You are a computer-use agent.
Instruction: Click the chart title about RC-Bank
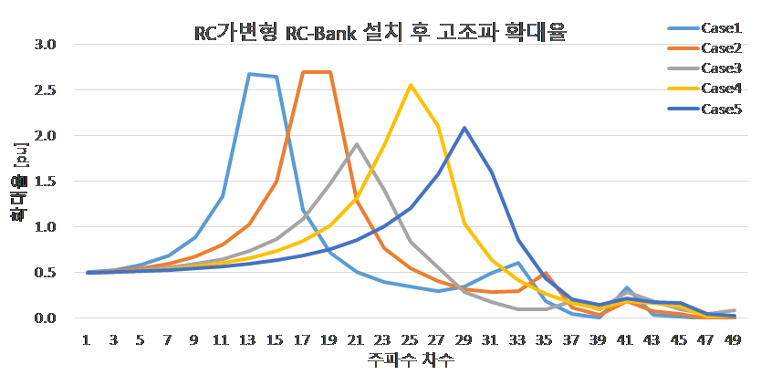[380, 34]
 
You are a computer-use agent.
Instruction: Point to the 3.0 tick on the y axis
[44, 45]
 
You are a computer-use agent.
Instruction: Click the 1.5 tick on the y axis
[44, 182]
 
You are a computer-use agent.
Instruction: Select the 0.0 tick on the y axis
[44, 318]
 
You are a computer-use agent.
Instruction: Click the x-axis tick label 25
[411, 339]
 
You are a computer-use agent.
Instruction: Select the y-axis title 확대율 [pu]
[16, 182]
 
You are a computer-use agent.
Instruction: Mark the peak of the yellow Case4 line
[411, 85]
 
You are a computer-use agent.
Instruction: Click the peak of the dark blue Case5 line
[464, 128]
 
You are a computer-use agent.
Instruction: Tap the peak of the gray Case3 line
[357, 144]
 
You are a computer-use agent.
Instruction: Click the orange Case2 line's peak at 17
[304, 72]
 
